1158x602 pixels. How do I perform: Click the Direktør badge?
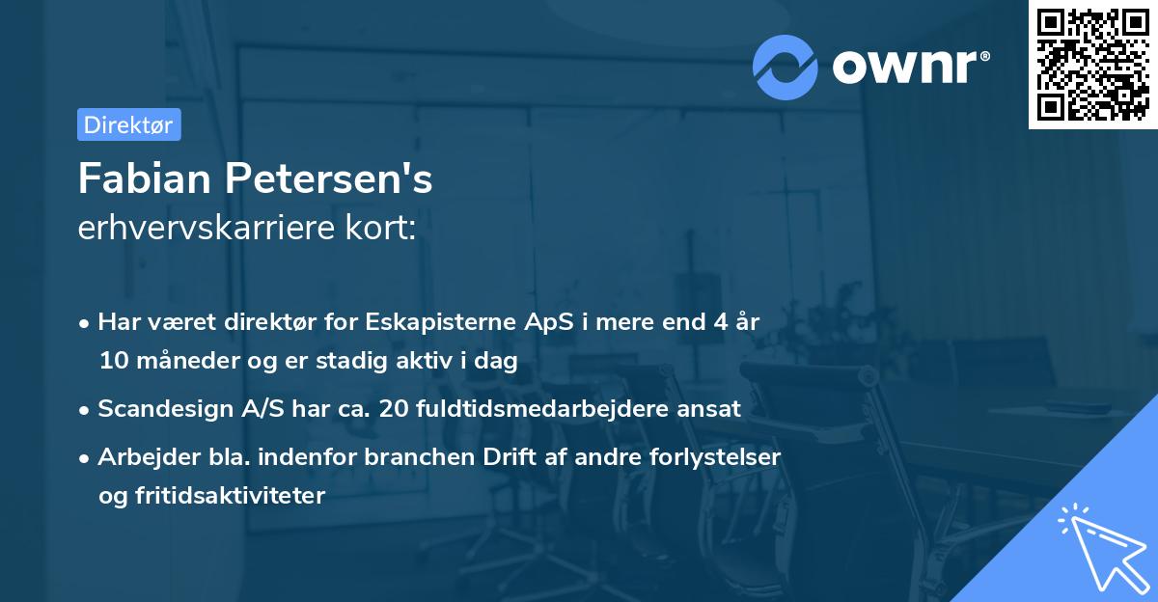128,124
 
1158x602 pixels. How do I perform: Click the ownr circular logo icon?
786,67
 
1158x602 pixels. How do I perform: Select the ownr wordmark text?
911,66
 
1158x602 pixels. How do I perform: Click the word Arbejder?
143,456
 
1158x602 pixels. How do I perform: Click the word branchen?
407,456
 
